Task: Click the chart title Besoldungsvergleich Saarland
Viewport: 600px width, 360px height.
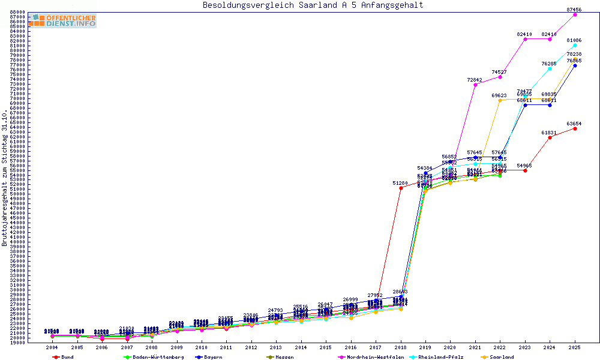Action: (x=313, y=5)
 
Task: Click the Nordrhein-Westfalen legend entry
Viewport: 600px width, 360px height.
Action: (x=375, y=357)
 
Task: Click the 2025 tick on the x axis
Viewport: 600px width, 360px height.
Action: (x=575, y=347)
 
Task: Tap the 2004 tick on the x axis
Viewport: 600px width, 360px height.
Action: (x=52, y=347)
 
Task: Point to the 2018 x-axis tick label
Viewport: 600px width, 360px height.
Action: (x=401, y=347)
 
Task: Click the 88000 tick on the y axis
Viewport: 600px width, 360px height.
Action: (x=17, y=12)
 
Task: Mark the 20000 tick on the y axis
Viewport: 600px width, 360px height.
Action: (x=17, y=338)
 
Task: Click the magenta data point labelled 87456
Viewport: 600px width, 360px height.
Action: (x=575, y=14)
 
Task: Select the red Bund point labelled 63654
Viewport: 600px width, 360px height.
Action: (x=575, y=128)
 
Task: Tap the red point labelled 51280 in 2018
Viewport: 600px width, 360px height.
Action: (x=401, y=188)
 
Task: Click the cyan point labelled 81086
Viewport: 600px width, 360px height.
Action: (x=575, y=45)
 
